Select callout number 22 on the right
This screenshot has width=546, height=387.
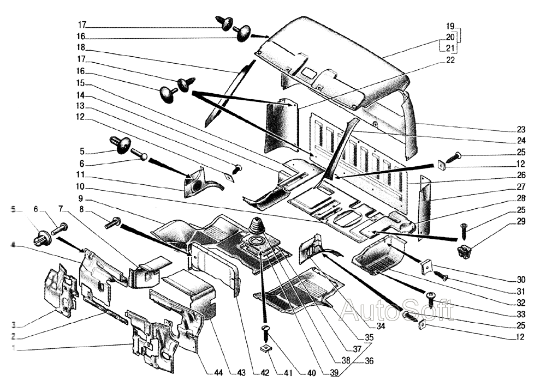coord(450,61)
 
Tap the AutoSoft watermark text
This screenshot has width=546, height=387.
coord(397,310)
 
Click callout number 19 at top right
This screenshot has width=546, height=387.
coord(450,26)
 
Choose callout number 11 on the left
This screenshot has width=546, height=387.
coord(81,175)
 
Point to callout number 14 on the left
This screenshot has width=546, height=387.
coord(81,95)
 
